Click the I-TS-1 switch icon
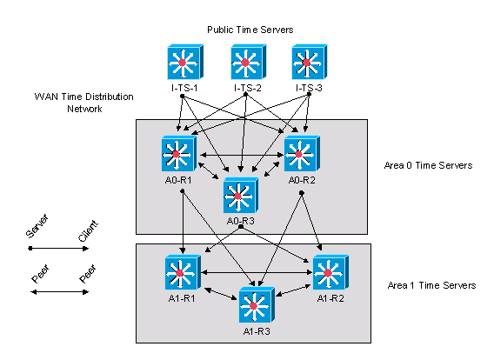point(185,62)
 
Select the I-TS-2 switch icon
point(249,62)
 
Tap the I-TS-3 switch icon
point(310,62)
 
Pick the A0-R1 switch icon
point(179,154)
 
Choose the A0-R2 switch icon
point(302,154)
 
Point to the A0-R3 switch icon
point(241,196)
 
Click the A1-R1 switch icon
point(183,272)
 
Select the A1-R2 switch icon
point(330,272)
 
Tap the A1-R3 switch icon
point(257,305)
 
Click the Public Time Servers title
point(250,30)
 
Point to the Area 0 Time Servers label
point(428,165)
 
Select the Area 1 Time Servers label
point(431,285)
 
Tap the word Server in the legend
point(37,226)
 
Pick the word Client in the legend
point(88,230)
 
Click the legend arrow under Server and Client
point(59,249)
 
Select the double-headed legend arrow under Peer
point(59,292)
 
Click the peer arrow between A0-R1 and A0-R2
point(242,155)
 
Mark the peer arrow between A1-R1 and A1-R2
point(257,272)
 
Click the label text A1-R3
point(257,331)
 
